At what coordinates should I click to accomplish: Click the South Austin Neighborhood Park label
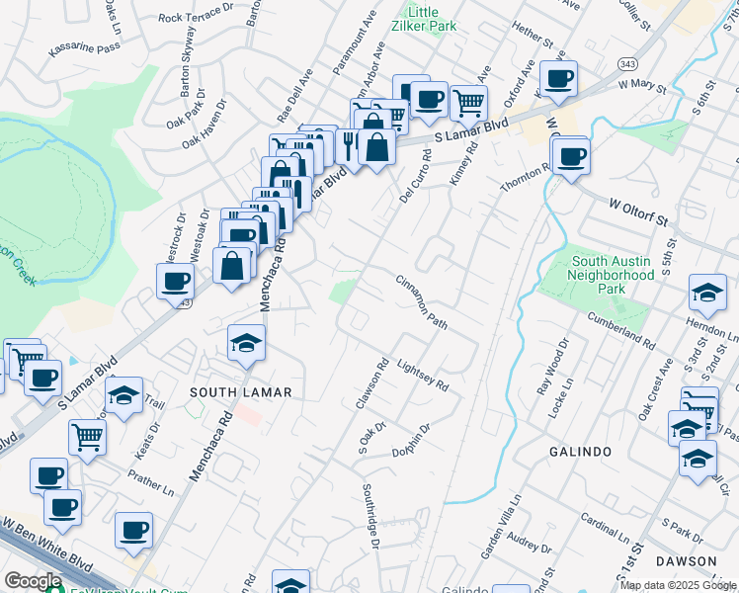coord(613,276)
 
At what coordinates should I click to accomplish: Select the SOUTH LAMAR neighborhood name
coord(240,392)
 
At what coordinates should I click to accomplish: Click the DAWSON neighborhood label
coord(686,560)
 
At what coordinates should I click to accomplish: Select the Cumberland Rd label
coord(622,332)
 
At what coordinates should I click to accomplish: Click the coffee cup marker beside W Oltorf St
coord(571,154)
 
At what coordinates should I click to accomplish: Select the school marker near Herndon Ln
coord(707,292)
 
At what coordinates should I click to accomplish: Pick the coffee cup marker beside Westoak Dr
coord(175,280)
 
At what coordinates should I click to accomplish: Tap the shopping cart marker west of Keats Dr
coord(88,435)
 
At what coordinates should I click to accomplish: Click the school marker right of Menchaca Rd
coord(246,342)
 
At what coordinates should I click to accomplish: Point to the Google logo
coord(33,582)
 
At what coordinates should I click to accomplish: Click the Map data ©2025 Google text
coord(678,585)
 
